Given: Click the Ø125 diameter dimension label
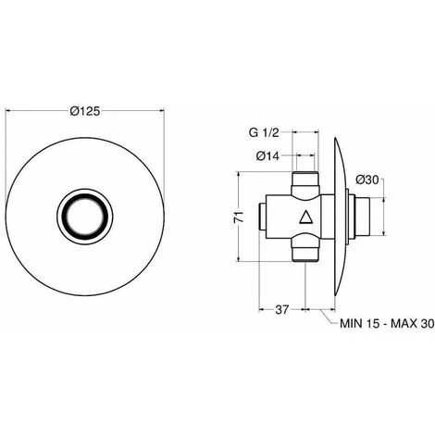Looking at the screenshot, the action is (x=85, y=111).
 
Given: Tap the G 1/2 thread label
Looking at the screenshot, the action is (x=264, y=132).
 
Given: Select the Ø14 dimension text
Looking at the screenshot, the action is (x=267, y=156).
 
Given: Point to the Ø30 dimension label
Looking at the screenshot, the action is (x=367, y=180).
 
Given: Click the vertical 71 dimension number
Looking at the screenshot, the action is (x=239, y=217).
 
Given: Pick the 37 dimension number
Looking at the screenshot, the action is (x=281, y=309).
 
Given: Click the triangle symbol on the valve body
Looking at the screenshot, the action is (x=306, y=217).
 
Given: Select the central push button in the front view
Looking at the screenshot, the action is (x=85, y=217).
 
